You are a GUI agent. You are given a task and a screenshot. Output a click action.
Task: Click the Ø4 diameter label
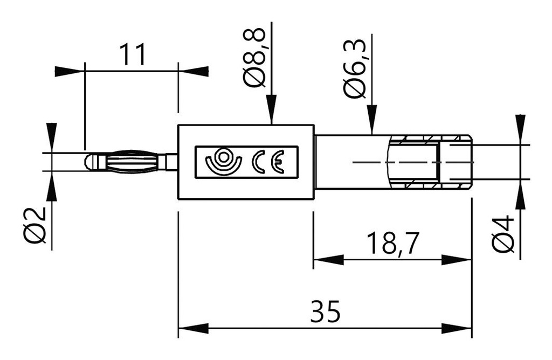point(503,233)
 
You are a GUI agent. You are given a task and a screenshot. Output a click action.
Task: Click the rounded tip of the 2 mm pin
point(89,162)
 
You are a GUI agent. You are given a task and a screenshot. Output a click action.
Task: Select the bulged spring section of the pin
point(132,162)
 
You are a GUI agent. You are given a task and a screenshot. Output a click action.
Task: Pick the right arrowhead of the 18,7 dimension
point(457,260)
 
